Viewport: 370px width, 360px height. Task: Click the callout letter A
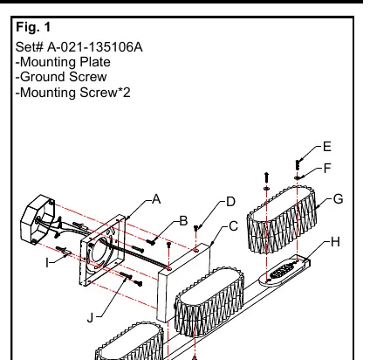(x=156, y=199)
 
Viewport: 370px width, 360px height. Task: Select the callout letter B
(x=183, y=221)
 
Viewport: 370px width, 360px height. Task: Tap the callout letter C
(x=233, y=226)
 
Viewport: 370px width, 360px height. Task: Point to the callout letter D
(x=230, y=202)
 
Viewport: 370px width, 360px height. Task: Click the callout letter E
(x=327, y=147)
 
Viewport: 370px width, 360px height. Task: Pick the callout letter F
(x=327, y=168)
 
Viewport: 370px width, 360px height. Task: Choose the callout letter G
(x=338, y=199)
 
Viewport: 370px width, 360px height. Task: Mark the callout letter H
(x=335, y=242)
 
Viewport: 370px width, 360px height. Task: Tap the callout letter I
(x=47, y=263)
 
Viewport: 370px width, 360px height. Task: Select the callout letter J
(x=91, y=317)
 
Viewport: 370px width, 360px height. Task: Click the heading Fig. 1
(x=33, y=27)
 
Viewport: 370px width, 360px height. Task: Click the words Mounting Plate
(x=65, y=62)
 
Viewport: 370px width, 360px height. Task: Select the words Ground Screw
(x=64, y=77)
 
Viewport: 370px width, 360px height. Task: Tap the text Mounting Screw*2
(x=75, y=93)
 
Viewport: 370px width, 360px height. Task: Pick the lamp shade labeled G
(x=282, y=220)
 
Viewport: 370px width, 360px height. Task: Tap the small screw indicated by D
(x=196, y=228)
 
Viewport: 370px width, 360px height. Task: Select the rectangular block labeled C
(x=183, y=282)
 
